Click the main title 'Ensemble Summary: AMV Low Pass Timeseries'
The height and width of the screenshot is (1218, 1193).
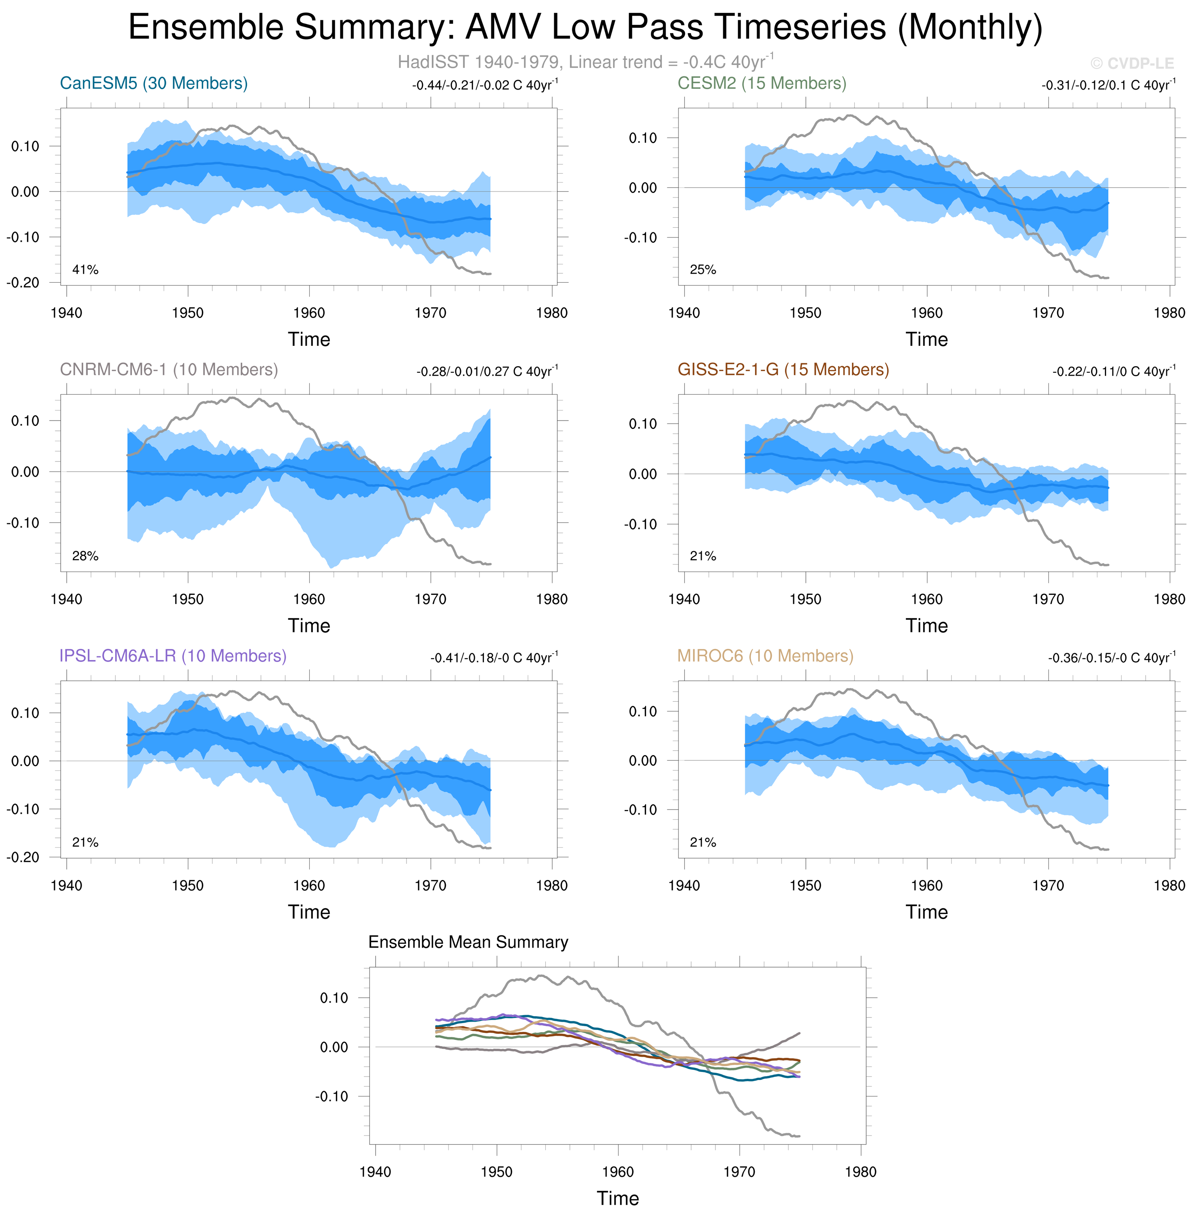585,27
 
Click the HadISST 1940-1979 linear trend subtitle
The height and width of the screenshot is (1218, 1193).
585,62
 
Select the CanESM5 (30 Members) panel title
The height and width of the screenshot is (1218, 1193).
153,84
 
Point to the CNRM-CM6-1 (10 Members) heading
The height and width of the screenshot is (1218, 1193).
169,370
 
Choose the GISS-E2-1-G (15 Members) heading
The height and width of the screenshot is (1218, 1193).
783,370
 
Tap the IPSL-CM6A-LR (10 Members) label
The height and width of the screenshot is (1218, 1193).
173,656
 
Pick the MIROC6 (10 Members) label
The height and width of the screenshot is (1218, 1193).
765,656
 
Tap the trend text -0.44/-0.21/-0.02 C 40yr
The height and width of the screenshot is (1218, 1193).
484,85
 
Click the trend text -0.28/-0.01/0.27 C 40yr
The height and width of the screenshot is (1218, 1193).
487,371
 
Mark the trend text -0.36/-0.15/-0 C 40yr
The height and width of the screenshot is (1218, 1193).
1111,658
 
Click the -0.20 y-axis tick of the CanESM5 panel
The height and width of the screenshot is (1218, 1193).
23,283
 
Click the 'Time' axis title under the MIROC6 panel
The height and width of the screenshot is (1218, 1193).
926,912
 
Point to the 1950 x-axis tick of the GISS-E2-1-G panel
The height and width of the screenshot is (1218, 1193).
805,599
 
